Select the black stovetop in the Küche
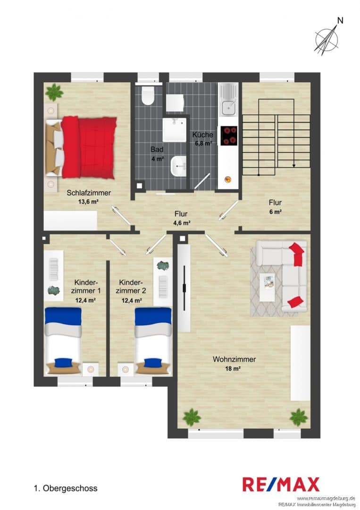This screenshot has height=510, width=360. point(229,136)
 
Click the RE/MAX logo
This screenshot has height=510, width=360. point(281,484)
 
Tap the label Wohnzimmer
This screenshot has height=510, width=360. point(234,359)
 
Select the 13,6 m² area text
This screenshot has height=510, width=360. point(88,201)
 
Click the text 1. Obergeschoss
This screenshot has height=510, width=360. point(66,488)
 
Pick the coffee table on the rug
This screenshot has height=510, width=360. point(267,287)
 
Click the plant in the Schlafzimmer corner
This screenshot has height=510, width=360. point(54,93)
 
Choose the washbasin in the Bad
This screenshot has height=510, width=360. point(178,166)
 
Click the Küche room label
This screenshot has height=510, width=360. point(203,135)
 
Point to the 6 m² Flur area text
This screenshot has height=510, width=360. point(275,212)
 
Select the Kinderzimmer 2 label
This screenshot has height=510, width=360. point(131,287)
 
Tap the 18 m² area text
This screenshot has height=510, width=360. point(233,368)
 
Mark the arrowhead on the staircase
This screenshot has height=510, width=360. point(294,166)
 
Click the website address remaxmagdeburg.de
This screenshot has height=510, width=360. point(326,498)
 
